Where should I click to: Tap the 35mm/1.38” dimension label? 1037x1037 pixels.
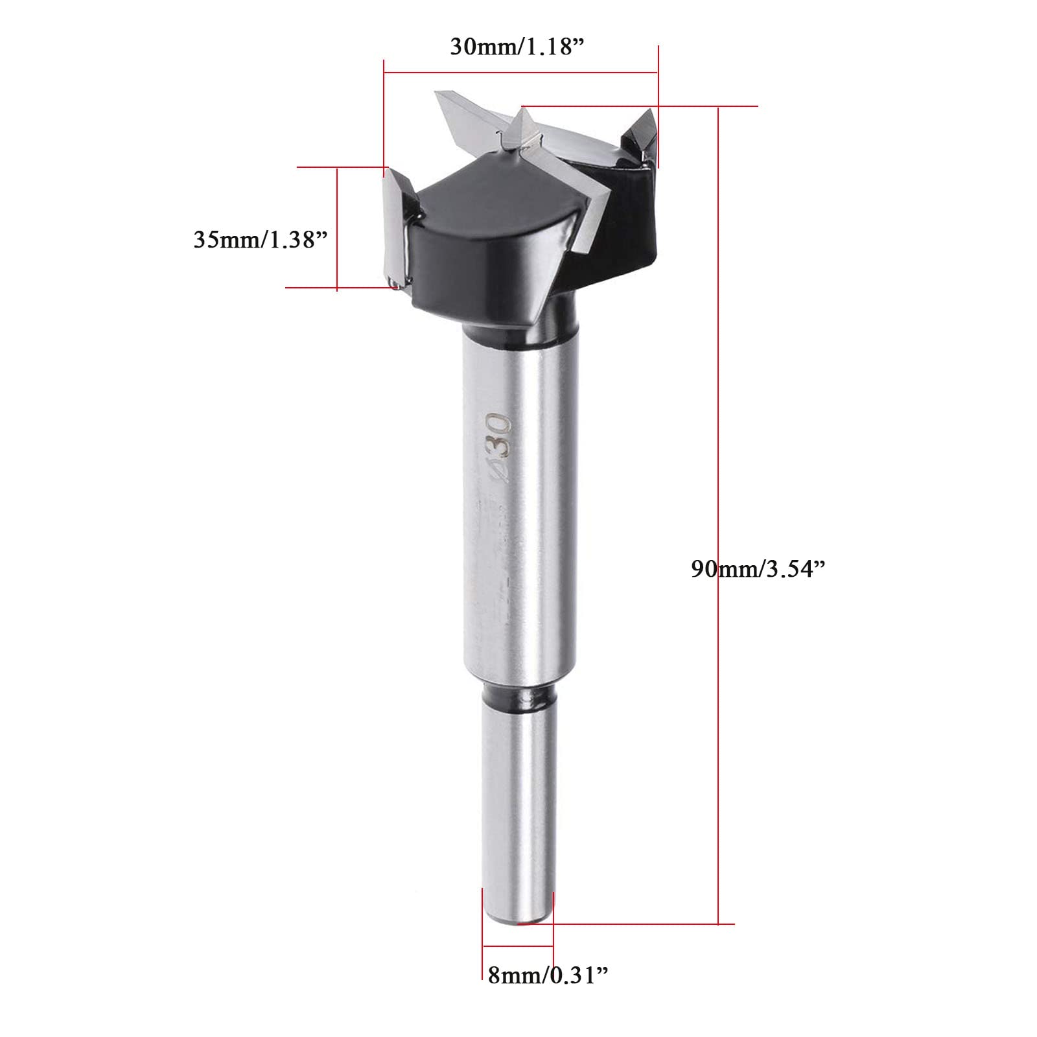(261, 239)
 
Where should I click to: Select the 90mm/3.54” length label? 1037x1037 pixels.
(758, 568)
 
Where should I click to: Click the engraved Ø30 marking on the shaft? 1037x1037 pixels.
(498, 447)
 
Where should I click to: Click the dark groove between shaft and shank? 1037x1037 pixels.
(518, 696)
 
